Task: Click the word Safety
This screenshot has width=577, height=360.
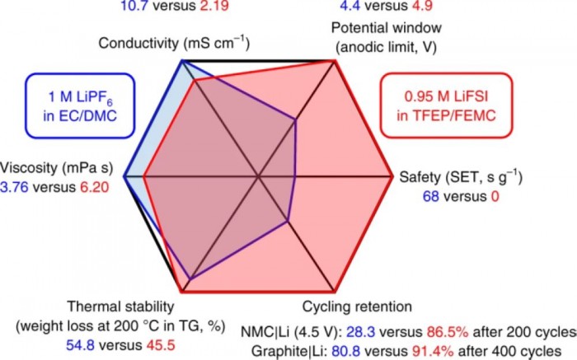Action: pos(421,177)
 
